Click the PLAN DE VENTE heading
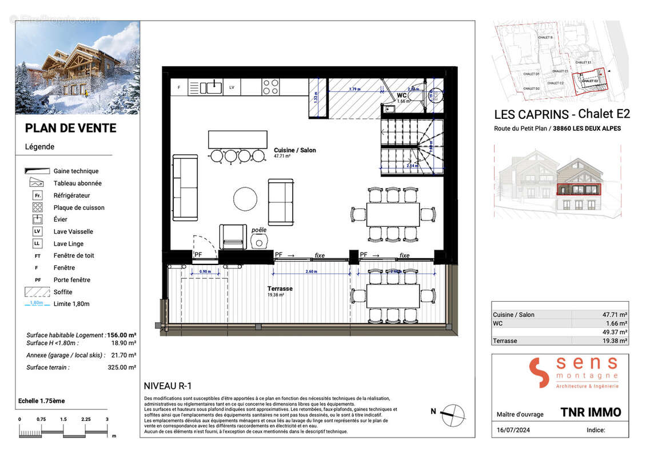click(x=70, y=129)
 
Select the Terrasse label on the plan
click(x=280, y=289)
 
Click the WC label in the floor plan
click(x=402, y=95)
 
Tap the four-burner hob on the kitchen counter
click(x=270, y=87)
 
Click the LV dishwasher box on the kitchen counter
click(x=232, y=87)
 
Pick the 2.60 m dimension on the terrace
click(x=312, y=271)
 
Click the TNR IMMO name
click(x=590, y=412)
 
